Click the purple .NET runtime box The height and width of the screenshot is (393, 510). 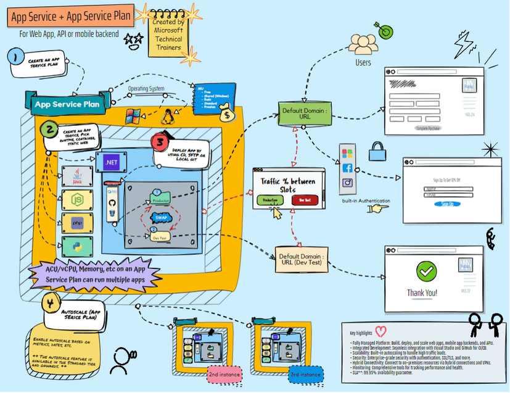[x=112, y=162]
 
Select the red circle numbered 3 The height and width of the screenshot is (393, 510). [x=161, y=143]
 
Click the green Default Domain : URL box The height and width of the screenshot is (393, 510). [x=304, y=114]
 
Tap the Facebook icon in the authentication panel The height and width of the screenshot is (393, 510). [x=347, y=167]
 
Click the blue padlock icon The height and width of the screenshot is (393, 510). [x=377, y=151]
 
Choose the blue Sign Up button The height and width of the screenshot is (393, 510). [x=448, y=204]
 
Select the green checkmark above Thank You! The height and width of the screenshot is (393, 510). [x=426, y=270]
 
